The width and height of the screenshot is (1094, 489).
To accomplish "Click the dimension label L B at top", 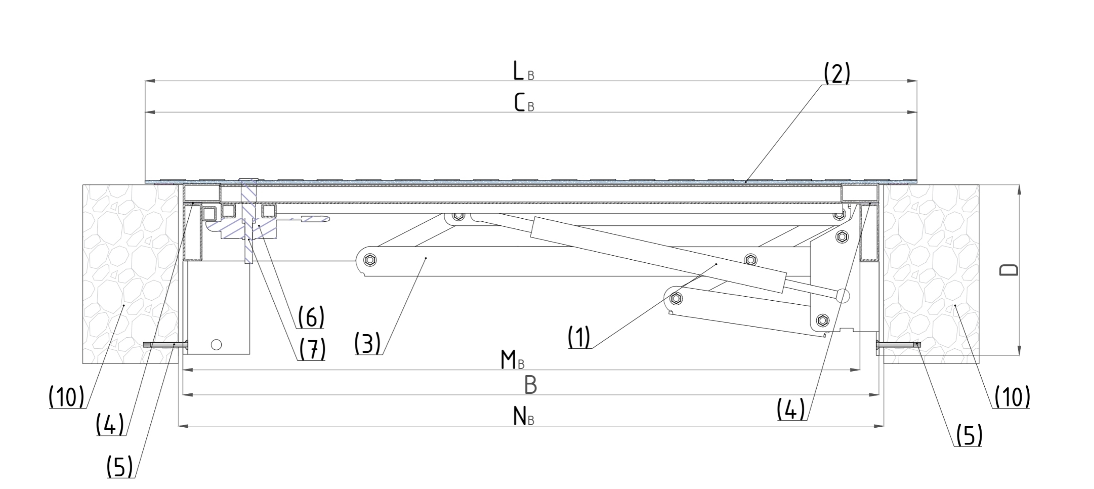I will click(x=523, y=72).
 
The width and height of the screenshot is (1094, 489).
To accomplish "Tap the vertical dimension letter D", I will click(x=1008, y=270).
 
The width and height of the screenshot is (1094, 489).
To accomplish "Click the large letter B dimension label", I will click(x=531, y=385).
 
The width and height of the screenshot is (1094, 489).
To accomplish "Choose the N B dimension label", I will click(x=523, y=417).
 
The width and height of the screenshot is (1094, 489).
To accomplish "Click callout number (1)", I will click(x=579, y=337).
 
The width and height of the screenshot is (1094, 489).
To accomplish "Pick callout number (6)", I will click(x=311, y=317).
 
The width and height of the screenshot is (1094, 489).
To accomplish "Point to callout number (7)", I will click(x=312, y=349).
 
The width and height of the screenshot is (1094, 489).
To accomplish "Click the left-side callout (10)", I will click(x=66, y=397).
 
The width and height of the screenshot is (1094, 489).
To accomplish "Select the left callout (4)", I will click(x=110, y=425).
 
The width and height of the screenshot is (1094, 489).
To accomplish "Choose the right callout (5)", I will click(x=969, y=436).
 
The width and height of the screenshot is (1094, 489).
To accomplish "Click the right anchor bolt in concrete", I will click(x=897, y=344).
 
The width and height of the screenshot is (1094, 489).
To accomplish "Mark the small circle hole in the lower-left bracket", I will click(x=216, y=344).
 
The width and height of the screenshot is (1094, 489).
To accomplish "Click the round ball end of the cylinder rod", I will click(x=842, y=295).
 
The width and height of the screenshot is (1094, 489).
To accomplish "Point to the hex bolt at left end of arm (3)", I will click(x=370, y=260).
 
